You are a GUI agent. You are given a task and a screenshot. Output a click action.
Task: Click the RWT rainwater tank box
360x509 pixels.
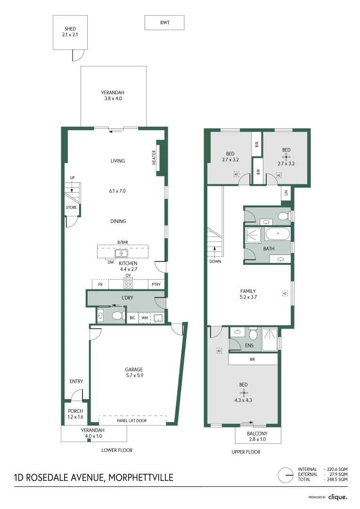pyautogui.click(x=164, y=22)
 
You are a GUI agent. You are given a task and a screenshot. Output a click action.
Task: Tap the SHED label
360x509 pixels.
pyautogui.click(x=70, y=29)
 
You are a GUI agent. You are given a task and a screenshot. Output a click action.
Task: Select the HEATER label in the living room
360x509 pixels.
pyautogui.click(x=154, y=157)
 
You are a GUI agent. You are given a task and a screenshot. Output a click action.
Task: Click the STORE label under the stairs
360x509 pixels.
pyautogui.click(x=71, y=207)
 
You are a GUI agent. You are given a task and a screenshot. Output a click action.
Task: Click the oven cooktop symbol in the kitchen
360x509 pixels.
pyautogui.click(x=128, y=284)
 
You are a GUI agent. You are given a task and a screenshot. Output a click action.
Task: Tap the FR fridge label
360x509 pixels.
pyautogui.click(x=100, y=285)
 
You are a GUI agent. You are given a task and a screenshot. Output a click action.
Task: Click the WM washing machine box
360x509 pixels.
pyautogui.click(x=145, y=318)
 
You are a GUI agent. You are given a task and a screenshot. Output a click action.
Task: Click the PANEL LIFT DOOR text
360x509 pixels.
pyautogui.click(x=132, y=420)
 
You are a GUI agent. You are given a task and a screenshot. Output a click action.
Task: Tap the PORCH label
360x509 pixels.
pyautogui.click(x=75, y=411)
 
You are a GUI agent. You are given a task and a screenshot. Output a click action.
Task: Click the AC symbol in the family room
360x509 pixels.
pyautogui.click(x=284, y=293)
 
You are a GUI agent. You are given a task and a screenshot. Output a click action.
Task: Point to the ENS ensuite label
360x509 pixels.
pyautogui.click(x=249, y=345)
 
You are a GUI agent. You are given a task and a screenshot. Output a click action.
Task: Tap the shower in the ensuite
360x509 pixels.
pyautogui.click(x=270, y=339)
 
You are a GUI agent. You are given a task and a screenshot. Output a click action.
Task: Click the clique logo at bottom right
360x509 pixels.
pyautogui.click(x=337, y=497)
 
